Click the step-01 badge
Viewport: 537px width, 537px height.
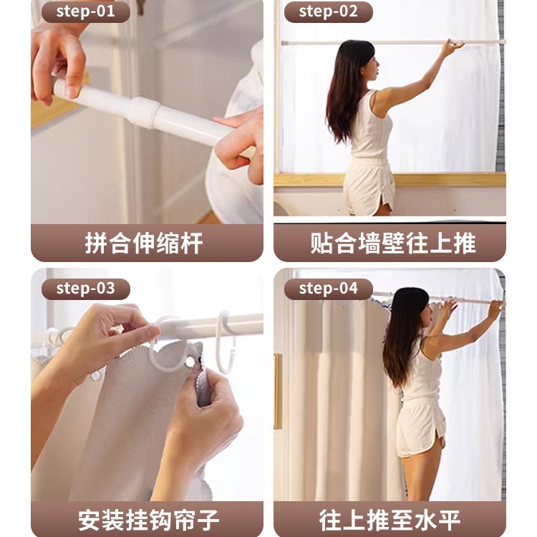86,11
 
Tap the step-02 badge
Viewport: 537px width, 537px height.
329,11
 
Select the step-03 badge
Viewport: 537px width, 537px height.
86,289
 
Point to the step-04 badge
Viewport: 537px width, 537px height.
329,289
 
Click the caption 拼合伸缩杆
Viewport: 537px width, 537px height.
144,243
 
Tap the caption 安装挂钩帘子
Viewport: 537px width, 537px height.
149,519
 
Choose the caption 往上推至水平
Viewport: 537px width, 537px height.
390,519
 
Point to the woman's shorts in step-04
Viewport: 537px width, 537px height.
422,428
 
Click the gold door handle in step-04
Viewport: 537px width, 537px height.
278,390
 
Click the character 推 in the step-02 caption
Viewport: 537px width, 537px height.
465,243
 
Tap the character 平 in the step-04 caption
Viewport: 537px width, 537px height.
450,519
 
